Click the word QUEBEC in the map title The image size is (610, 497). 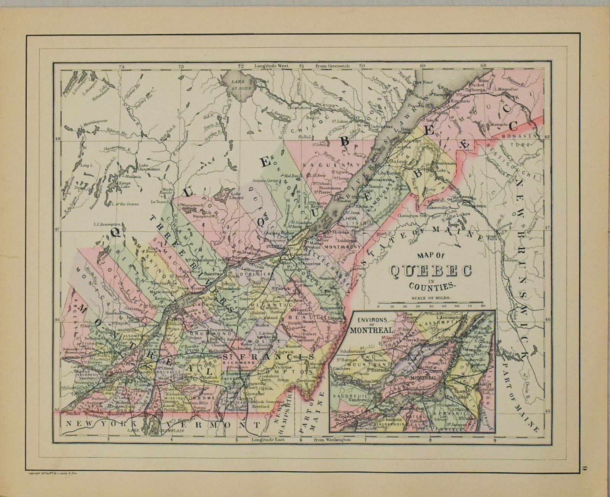pos(430,271)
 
